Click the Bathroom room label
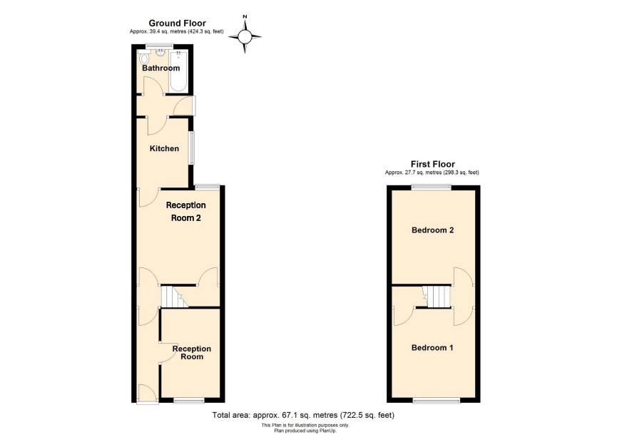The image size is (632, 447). pos(160,68)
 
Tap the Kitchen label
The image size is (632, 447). pos(164,148)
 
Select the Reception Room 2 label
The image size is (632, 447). pos(185,212)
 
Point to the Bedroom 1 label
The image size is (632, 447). pos(432,347)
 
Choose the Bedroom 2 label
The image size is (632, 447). pos(432,230)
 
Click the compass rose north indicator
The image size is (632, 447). pos(245,17)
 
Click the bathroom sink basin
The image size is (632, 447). pos(160,53)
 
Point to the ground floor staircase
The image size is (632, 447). pos(175,297)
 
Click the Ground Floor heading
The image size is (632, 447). pos(178,24)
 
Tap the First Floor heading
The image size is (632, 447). pos(432,164)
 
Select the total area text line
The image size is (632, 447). pos(303,415)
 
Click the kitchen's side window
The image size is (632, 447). pos(191,148)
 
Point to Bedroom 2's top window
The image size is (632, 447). pos(432,187)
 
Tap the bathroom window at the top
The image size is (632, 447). pos(160,46)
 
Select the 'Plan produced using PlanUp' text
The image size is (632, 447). pos(305,431)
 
